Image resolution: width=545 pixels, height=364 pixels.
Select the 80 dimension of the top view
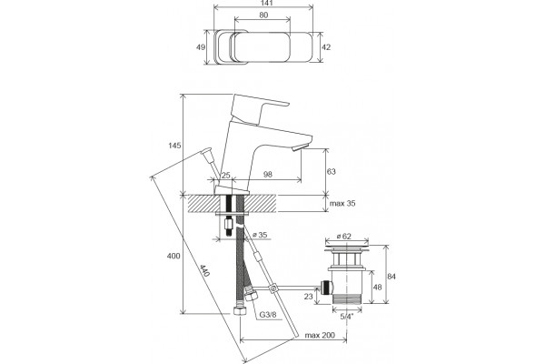click(263, 15)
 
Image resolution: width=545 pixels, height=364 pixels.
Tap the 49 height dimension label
click(201, 47)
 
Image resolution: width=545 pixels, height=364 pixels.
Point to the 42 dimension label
click(326, 47)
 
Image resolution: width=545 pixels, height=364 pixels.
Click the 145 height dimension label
click(174, 146)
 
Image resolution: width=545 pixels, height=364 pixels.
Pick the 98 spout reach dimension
click(268, 175)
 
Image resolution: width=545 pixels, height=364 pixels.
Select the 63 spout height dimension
click(332, 171)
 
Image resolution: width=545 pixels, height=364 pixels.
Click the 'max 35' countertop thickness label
click(342, 203)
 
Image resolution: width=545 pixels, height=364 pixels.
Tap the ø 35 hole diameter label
click(260, 235)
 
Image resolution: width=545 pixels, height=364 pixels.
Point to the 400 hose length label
click(173, 256)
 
